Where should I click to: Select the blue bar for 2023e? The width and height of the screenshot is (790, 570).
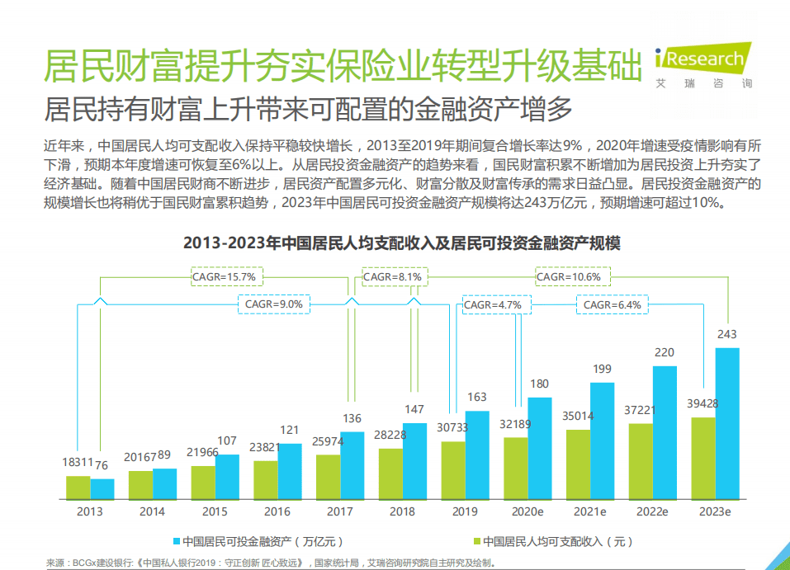point(726,424)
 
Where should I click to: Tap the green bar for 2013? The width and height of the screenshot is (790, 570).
point(78,488)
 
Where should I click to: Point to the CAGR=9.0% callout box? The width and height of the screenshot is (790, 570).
point(274,304)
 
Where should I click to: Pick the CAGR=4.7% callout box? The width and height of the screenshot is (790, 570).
point(492,305)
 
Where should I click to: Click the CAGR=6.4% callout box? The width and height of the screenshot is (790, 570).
point(612,305)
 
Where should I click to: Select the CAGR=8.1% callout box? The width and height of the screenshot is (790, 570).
point(393,277)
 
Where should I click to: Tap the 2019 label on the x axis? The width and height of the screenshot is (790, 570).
point(465,511)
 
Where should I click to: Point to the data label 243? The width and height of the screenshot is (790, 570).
point(726,334)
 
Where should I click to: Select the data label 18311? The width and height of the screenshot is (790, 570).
point(78,463)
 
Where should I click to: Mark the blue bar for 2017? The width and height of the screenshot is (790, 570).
point(352,466)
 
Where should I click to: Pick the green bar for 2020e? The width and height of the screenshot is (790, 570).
point(516,469)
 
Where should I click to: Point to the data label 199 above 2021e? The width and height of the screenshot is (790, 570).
point(602,369)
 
